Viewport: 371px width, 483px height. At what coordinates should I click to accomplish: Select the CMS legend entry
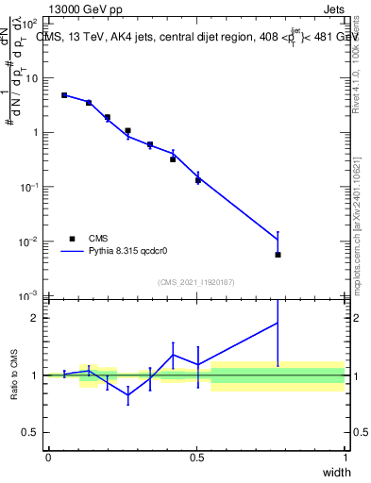pyautogui.click(x=98, y=240)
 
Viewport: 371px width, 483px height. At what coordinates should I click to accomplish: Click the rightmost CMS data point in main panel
pyautogui.click(x=278, y=255)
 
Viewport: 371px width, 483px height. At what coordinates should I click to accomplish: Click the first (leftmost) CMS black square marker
pyautogui.click(x=64, y=95)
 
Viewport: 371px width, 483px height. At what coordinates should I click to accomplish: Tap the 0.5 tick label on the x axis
pyautogui.click(x=196, y=458)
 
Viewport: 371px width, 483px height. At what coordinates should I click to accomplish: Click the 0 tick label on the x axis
pyautogui.click(x=48, y=458)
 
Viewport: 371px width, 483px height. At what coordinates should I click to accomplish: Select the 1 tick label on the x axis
pyautogui.click(x=345, y=458)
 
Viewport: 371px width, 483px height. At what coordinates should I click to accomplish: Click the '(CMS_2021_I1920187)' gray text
pyautogui.click(x=195, y=282)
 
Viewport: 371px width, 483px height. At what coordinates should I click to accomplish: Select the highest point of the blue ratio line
pyautogui.click(x=278, y=323)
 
